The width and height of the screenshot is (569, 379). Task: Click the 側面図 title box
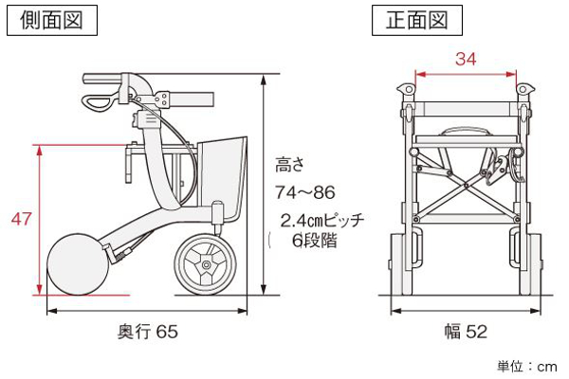(52, 20)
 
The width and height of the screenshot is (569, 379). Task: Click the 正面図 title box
(417, 20)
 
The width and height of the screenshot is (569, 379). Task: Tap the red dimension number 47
(21, 219)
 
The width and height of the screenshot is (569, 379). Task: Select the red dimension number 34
(466, 59)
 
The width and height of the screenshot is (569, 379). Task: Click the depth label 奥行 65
(148, 332)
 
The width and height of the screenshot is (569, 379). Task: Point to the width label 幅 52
(466, 332)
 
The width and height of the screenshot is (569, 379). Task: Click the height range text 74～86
(304, 192)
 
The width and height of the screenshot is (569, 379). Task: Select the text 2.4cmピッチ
(322, 220)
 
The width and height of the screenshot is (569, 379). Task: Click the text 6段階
(315, 240)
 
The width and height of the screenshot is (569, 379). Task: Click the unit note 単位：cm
(527, 367)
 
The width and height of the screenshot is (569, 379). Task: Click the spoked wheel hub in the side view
(206, 264)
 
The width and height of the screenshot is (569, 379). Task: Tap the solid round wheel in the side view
(78, 264)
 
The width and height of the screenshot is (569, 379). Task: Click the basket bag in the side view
(223, 178)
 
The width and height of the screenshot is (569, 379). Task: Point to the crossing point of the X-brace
(467, 186)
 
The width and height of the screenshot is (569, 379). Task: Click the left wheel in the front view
(402, 264)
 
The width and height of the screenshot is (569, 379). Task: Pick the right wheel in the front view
(530, 264)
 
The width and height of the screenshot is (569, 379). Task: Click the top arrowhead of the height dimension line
(264, 80)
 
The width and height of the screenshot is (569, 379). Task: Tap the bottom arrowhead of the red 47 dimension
(39, 289)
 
